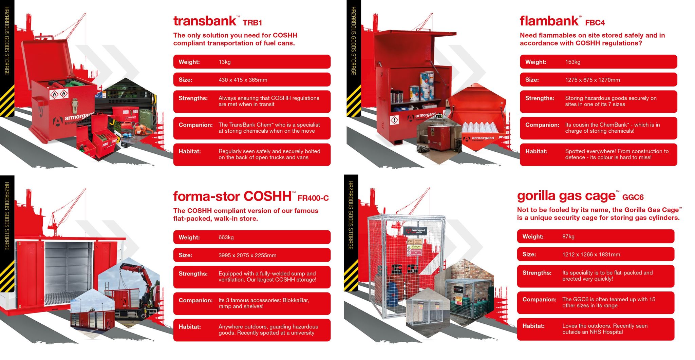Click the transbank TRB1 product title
coord(218,21)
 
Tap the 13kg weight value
coord(224,62)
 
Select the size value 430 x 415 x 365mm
coord(243,80)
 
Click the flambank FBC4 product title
coord(562,21)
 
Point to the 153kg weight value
coord(572,62)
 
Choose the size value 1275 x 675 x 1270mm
coord(592,80)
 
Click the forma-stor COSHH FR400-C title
coord(251,196)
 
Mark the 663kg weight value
coord(226,238)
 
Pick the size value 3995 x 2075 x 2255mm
coord(247,255)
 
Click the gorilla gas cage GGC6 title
coord(580,196)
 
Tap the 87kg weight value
coord(568,236)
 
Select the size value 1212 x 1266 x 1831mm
coord(591,254)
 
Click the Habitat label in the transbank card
coord(190,151)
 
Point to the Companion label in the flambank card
coord(542,125)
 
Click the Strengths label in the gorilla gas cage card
coord(537,273)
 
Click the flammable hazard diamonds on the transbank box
coord(59,93)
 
